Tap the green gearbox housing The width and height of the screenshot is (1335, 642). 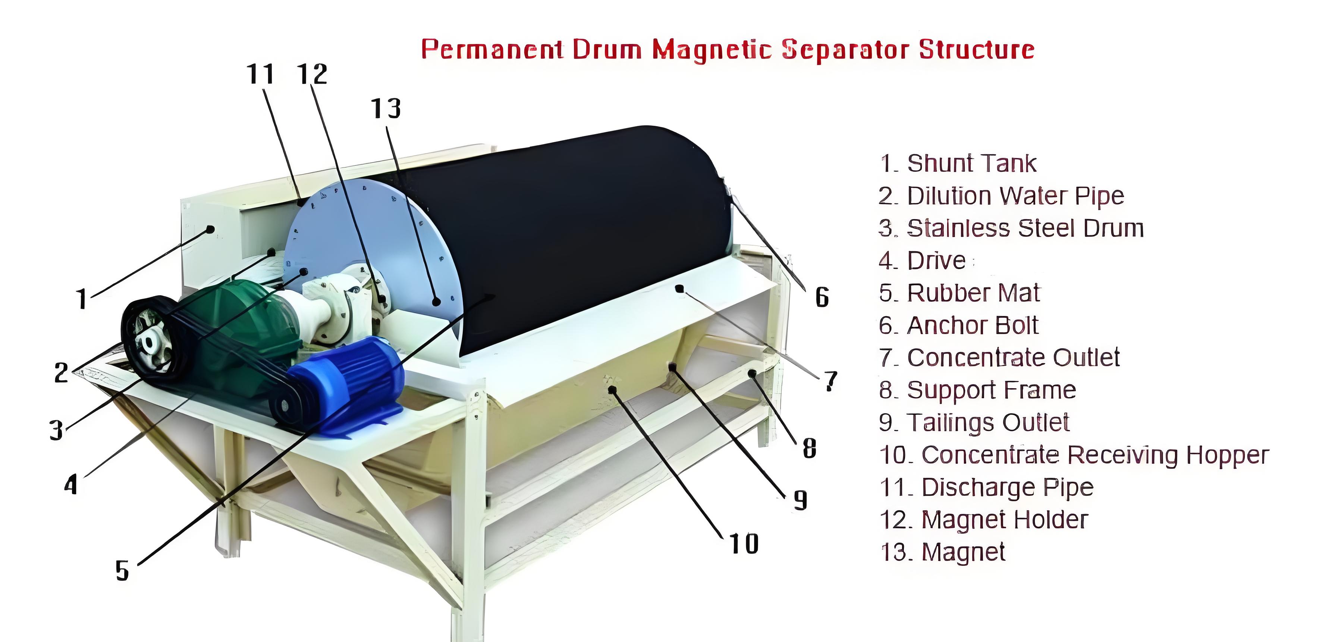point(238,332)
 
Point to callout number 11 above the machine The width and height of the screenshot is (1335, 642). point(261,74)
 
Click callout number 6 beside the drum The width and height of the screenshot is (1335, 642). point(822,297)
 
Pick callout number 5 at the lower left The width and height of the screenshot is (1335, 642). point(122,571)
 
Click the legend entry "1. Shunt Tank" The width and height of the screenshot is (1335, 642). point(958,163)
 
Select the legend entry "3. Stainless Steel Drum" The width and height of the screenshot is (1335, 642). point(1011,228)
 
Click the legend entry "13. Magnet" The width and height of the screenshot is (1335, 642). point(943,552)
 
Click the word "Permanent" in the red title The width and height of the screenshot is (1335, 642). point(492,50)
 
